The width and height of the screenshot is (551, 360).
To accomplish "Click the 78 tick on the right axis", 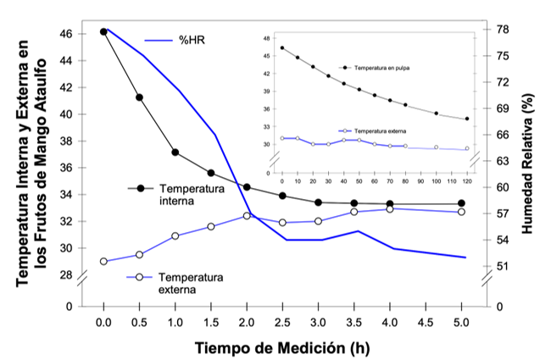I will pyautogui.click(x=502, y=30).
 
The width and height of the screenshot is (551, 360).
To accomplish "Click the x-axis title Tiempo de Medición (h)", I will pyautogui.click(x=282, y=347).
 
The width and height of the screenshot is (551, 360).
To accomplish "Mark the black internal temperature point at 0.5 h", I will pyautogui.click(x=139, y=97).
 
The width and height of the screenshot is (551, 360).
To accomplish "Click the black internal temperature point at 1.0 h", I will pyautogui.click(x=175, y=152).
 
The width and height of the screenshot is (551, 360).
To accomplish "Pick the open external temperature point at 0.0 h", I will pyautogui.click(x=103, y=261).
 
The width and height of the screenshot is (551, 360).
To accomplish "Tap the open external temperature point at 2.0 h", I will pyautogui.click(x=247, y=216).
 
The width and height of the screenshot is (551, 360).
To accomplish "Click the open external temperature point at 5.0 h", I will pyautogui.click(x=461, y=212).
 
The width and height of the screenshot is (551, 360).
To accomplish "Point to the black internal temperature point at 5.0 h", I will pyautogui.click(x=461, y=203).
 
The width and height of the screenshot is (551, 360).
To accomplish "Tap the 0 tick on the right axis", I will pyautogui.click(x=498, y=306).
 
